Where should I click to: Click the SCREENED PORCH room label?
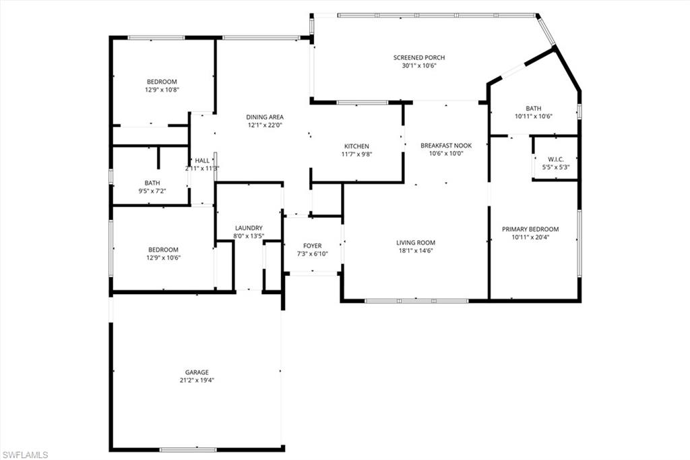tap(419, 57)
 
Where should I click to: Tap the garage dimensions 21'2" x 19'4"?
tap(197, 380)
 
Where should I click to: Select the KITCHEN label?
tap(356, 146)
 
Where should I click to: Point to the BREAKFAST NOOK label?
tap(446, 145)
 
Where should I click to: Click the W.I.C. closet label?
tap(555, 159)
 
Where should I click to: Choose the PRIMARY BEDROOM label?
tap(530, 229)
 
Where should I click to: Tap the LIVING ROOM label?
tap(416, 243)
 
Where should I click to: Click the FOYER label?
tap(313, 246)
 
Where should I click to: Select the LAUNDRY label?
tap(249, 228)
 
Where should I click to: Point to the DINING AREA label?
tap(265, 117)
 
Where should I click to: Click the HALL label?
tap(202, 161)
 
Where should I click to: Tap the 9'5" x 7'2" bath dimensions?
tap(152, 191)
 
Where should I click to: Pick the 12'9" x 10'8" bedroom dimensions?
tap(162, 90)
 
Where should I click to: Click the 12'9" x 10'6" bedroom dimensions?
tap(163, 257)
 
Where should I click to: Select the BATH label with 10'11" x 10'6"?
tap(534, 108)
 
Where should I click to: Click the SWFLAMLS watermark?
tap(26, 455)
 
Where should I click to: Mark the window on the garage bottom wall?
tap(188, 449)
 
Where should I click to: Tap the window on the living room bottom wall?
tap(416, 301)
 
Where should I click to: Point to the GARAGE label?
tap(197, 372)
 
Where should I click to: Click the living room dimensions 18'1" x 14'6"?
tap(416, 251)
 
